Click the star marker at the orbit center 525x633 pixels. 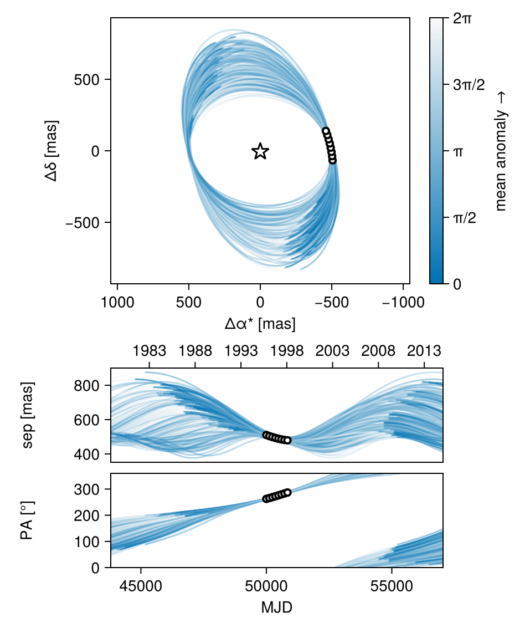[x=260, y=151]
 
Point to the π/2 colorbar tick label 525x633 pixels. [x=464, y=218]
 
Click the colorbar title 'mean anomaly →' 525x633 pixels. [x=501, y=151]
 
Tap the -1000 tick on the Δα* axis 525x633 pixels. [x=403, y=303]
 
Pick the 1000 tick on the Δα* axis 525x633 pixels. [x=117, y=303]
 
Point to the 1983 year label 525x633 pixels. [x=150, y=351]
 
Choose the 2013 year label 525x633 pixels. [x=424, y=351]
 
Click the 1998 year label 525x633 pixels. [x=287, y=351]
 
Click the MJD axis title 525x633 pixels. [x=276, y=608]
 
